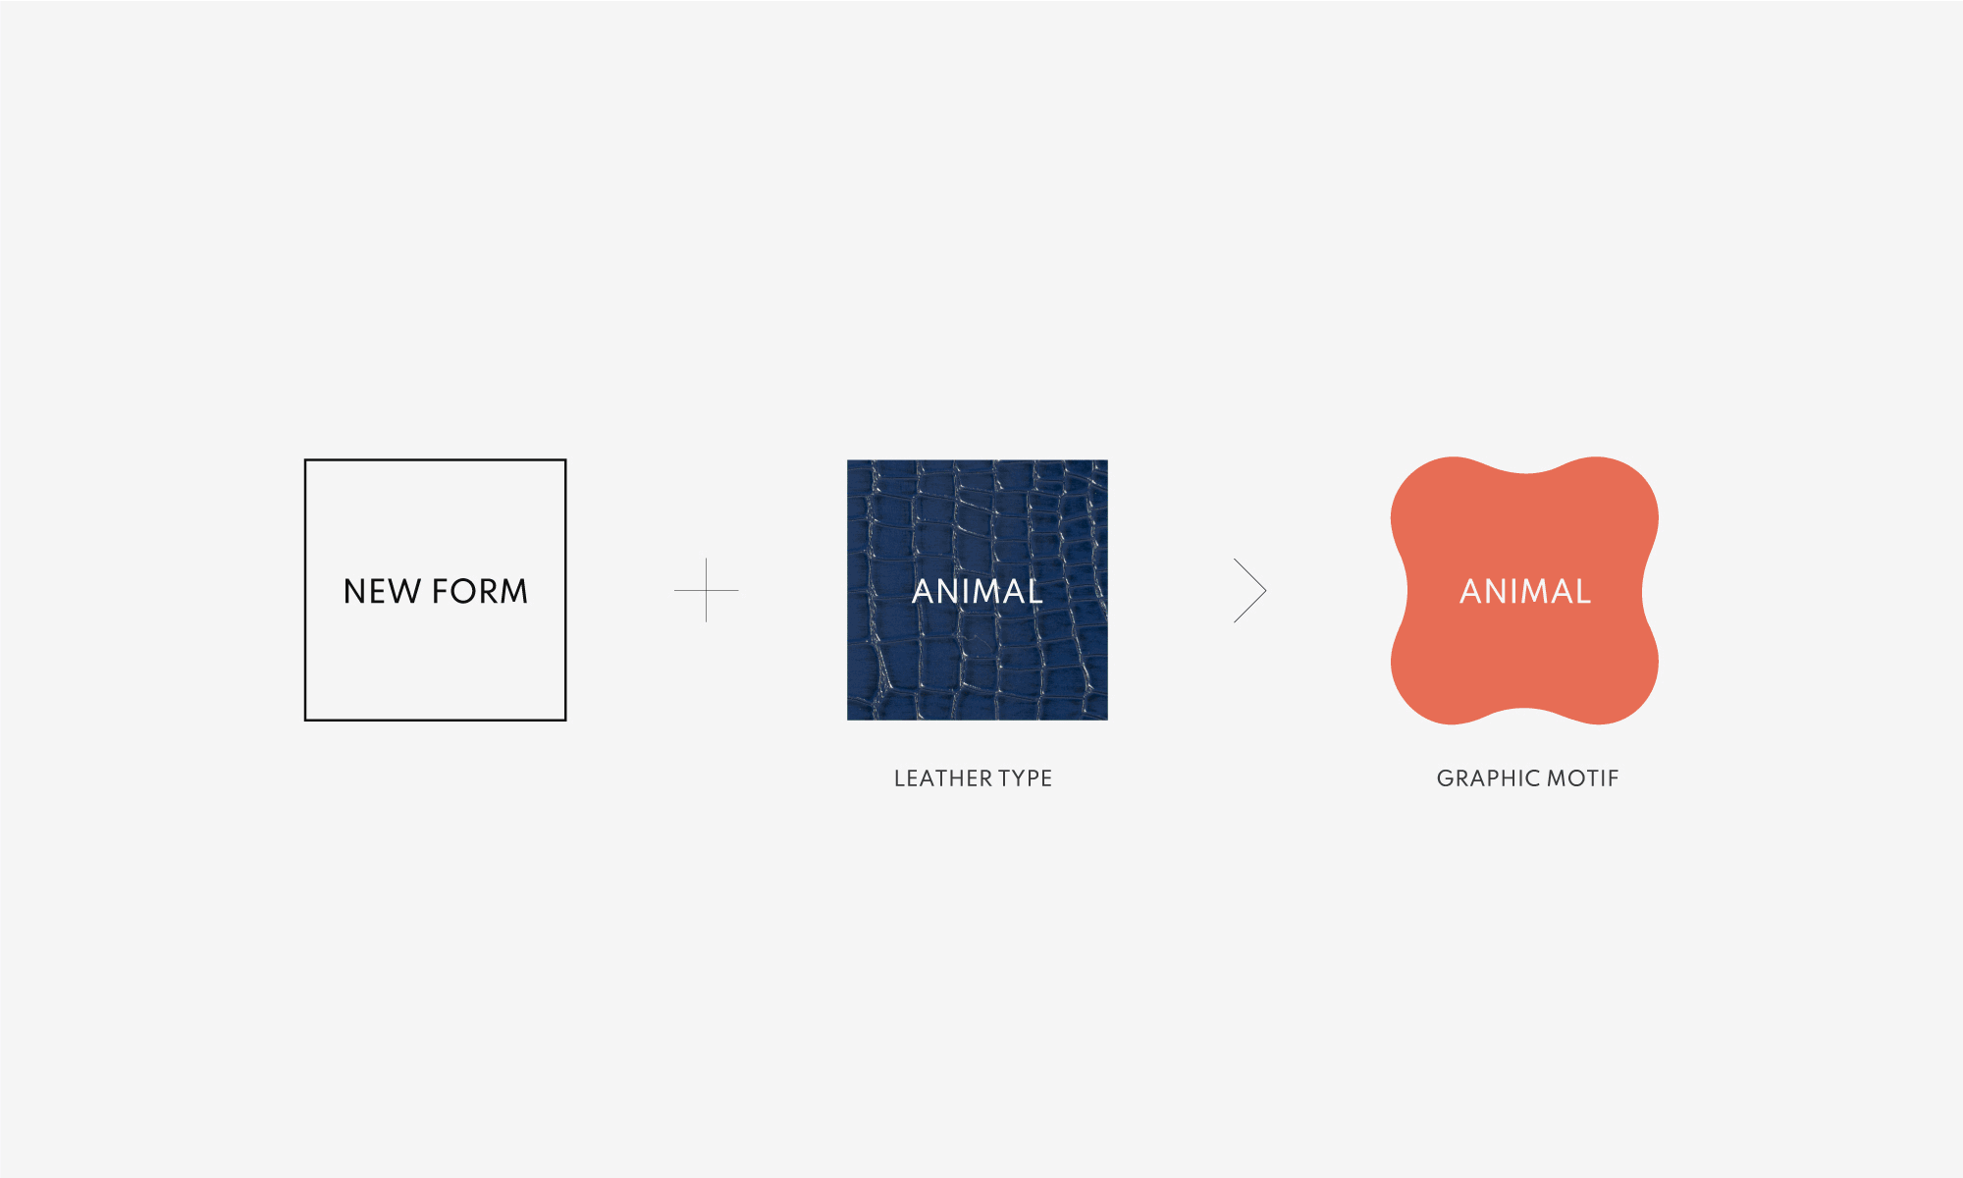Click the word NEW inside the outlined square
point(382,591)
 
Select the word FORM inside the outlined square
point(480,591)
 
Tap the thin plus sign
point(706,590)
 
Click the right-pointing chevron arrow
point(1250,590)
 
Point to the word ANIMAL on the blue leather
point(978,591)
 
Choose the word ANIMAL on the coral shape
point(1525,591)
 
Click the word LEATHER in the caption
point(943,778)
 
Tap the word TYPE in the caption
point(1026,778)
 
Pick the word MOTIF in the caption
point(1583,778)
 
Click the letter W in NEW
point(406,591)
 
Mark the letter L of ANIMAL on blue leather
point(1034,591)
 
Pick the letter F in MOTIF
point(1614,778)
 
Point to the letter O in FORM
point(461,591)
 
